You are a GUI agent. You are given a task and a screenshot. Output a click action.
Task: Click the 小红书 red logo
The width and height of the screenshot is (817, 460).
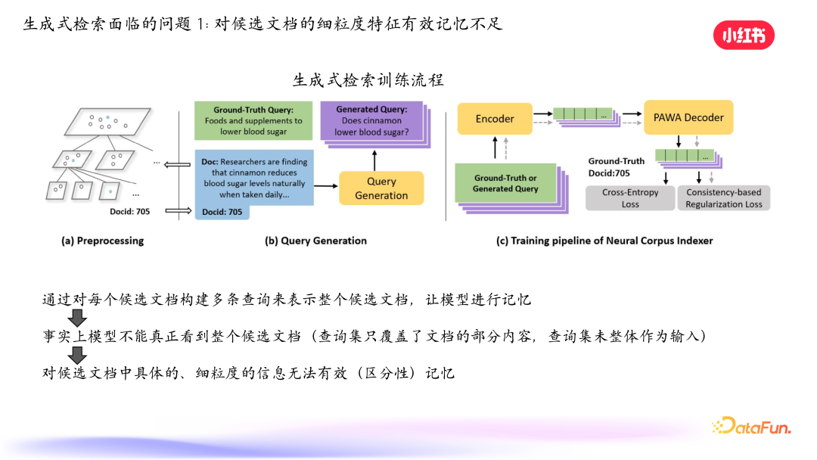[744, 35]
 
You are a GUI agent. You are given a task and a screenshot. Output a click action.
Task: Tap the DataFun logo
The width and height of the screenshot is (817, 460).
[751, 427]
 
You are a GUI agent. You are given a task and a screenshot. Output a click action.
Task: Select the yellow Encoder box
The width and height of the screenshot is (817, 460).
[495, 119]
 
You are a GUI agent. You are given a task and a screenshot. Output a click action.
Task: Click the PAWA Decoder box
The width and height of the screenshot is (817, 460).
[688, 118]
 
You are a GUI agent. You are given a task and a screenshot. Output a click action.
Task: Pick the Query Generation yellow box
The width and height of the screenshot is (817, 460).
[381, 188]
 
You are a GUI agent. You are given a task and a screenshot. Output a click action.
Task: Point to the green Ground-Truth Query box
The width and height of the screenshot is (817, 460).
[253, 120]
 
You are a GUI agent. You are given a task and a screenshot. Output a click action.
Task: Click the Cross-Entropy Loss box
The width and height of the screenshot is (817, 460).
[630, 198]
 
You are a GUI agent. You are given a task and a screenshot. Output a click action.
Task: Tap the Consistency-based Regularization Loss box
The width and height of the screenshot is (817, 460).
[723, 198]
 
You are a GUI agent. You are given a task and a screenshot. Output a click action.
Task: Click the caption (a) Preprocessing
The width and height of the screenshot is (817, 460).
[102, 241]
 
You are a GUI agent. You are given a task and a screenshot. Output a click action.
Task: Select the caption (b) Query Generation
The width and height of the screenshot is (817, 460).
[315, 241]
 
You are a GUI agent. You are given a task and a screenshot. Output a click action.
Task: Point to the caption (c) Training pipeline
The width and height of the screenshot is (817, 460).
[604, 241]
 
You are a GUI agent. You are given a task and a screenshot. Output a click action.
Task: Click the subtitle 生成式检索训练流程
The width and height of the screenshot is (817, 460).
[368, 79]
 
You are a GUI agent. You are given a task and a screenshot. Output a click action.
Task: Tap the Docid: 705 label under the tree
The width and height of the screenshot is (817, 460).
[129, 212]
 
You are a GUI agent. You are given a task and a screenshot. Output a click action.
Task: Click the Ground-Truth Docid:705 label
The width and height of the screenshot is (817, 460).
[617, 166]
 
